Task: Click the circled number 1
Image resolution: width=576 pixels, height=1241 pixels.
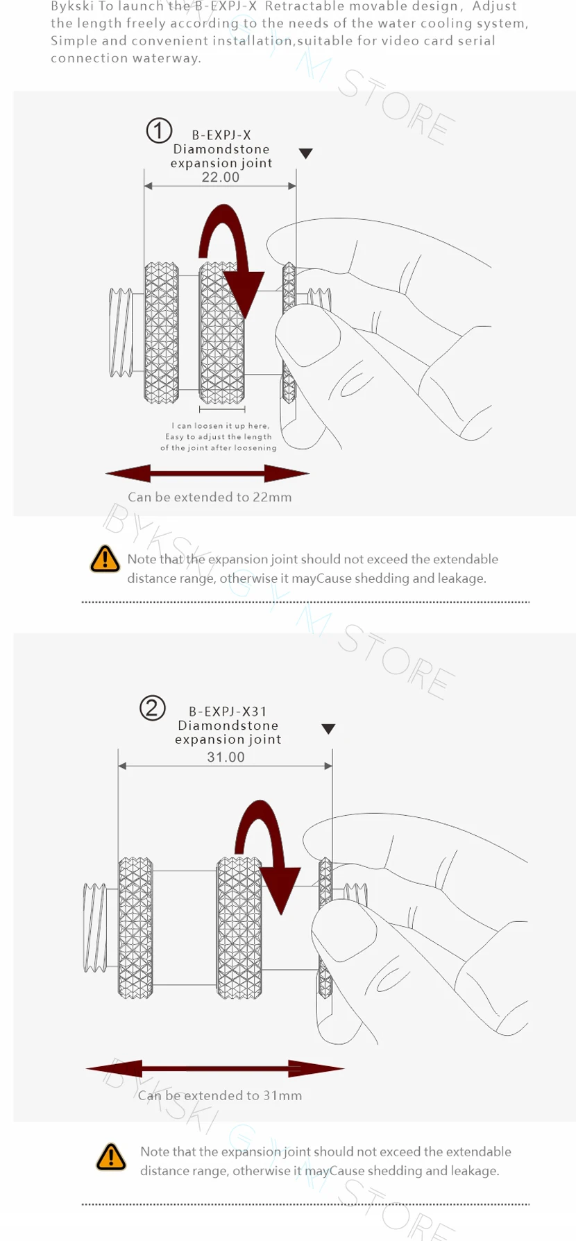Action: click(159, 130)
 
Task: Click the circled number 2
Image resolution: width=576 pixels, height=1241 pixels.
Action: click(153, 708)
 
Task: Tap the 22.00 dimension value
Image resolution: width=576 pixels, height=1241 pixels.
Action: click(221, 178)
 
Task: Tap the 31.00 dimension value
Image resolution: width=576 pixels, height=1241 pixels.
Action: click(226, 758)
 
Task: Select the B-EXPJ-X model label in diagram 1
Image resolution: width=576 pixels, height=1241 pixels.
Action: click(221, 135)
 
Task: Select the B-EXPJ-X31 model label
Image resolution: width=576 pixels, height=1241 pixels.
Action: click(228, 712)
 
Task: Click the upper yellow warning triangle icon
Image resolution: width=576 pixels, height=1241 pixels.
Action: click(105, 558)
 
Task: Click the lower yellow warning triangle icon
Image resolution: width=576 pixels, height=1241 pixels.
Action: click(111, 1156)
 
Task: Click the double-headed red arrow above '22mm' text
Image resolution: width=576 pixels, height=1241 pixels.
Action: click(207, 474)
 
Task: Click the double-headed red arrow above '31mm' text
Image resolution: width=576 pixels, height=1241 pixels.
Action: click(215, 1068)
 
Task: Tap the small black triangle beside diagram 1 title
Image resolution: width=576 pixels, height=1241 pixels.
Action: click(305, 153)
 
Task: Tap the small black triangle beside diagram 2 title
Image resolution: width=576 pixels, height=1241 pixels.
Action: click(328, 729)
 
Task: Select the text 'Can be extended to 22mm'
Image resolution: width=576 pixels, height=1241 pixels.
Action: click(210, 497)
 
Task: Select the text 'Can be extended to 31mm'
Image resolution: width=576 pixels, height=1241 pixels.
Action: click(220, 1096)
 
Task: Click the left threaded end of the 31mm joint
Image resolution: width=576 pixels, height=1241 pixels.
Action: click(95, 928)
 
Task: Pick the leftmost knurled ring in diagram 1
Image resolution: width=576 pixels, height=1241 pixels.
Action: click(162, 333)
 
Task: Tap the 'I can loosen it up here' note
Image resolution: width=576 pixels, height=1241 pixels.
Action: click(219, 437)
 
